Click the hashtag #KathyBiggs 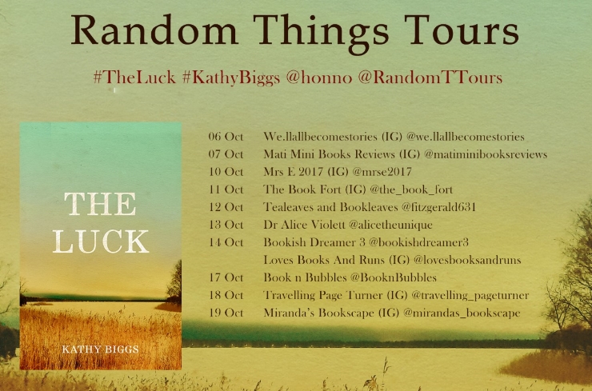(x=226, y=78)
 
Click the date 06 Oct (x=226, y=137)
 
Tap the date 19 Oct (x=226, y=313)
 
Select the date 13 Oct (x=226, y=225)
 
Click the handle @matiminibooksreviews (x=478, y=154)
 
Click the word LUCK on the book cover (x=100, y=241)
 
